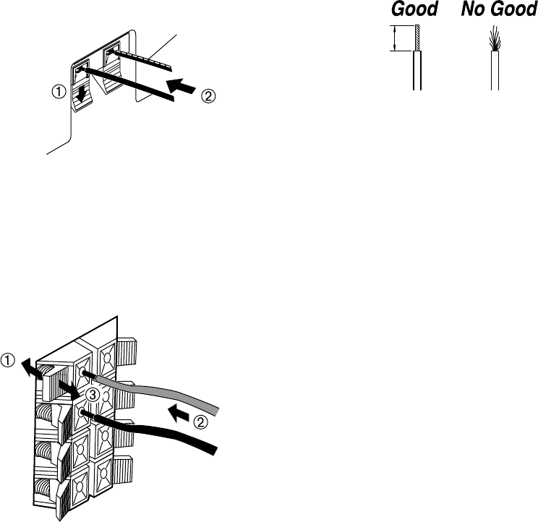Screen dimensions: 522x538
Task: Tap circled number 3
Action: [x=90, y=395]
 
